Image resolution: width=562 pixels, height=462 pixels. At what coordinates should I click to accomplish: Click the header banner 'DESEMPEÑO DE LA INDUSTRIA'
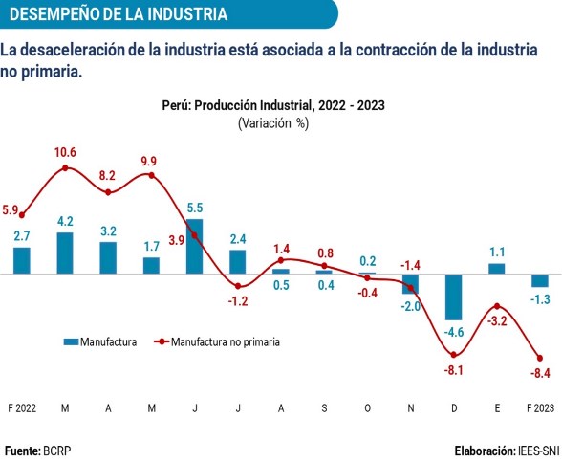point(119,14)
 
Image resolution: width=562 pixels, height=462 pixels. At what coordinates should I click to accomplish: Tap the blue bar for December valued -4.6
point(454,297)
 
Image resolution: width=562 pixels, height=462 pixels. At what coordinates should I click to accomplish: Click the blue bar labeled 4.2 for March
point(65,253)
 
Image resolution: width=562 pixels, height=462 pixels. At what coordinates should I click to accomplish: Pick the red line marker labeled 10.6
point(65,167)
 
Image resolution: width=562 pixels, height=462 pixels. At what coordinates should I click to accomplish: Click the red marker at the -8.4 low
point(540,358)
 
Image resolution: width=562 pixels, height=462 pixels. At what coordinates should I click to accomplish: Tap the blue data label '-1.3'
point(540,300)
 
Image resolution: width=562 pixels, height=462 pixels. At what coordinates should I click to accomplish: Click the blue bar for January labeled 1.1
point(497,268)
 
